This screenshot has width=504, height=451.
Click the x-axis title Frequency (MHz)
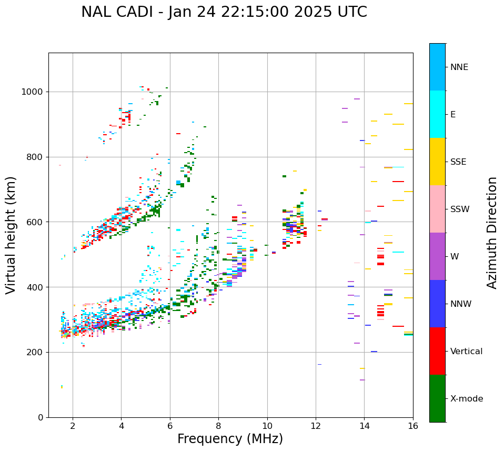230,439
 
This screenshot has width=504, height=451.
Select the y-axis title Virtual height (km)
11,235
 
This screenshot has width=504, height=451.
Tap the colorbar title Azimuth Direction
492,232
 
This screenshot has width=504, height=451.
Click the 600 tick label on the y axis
38,222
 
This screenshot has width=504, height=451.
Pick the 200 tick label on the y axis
38,352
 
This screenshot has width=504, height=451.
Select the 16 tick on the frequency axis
413,425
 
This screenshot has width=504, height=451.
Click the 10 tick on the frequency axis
267,425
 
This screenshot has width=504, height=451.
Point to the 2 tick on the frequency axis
73,425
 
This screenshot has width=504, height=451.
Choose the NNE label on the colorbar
459,67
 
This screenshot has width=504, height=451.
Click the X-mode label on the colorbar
467,399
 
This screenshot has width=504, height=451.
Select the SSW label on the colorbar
460,209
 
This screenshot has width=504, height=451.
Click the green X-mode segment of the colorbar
437,398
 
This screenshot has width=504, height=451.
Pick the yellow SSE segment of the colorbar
437,162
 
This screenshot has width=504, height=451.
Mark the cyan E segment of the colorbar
437,114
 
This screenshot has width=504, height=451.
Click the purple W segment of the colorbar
437,256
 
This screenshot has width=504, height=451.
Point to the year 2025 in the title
309,12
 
